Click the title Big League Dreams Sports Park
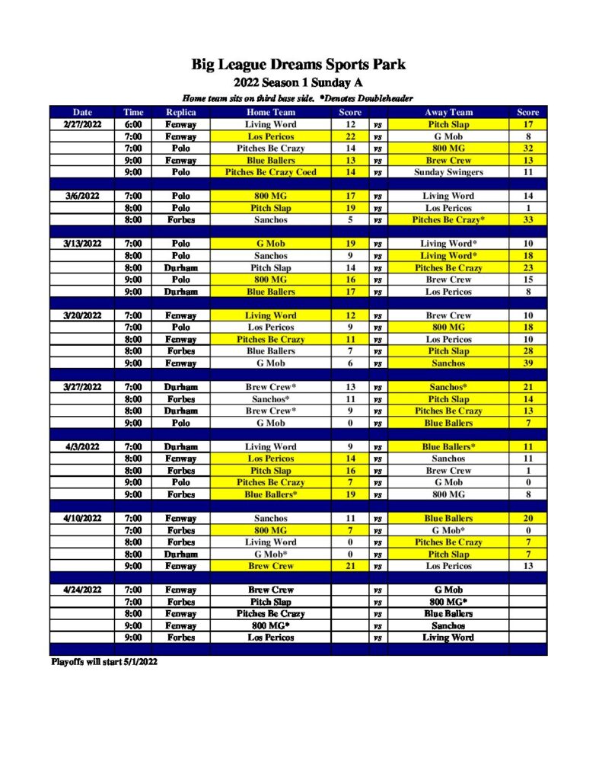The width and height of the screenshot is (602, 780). [298, 65]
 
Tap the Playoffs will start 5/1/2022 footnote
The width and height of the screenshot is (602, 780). [104, 662]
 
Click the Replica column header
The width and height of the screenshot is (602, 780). [180, 112]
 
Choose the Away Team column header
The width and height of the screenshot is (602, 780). [448, 112]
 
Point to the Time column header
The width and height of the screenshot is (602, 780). [133, 112]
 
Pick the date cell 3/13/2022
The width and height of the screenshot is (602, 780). [81, 244]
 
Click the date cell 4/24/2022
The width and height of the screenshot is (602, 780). [81, 590]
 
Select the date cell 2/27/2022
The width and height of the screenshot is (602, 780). [81, 124]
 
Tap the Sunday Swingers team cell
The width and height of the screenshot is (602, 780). [448, 172]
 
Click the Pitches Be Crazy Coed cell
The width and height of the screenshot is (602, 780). [271, 172]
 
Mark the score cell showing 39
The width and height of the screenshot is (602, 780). [527, 363]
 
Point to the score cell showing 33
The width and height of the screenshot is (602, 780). [527, 220]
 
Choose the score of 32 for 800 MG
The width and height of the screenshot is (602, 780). [527, 149]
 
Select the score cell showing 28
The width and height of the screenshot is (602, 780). [527, 351]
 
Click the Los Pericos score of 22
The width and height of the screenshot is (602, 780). [350, 136]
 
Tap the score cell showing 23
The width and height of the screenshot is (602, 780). [527, 268]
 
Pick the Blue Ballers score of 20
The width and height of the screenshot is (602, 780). [527, 518]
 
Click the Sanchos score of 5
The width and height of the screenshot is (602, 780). [350, 220]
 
